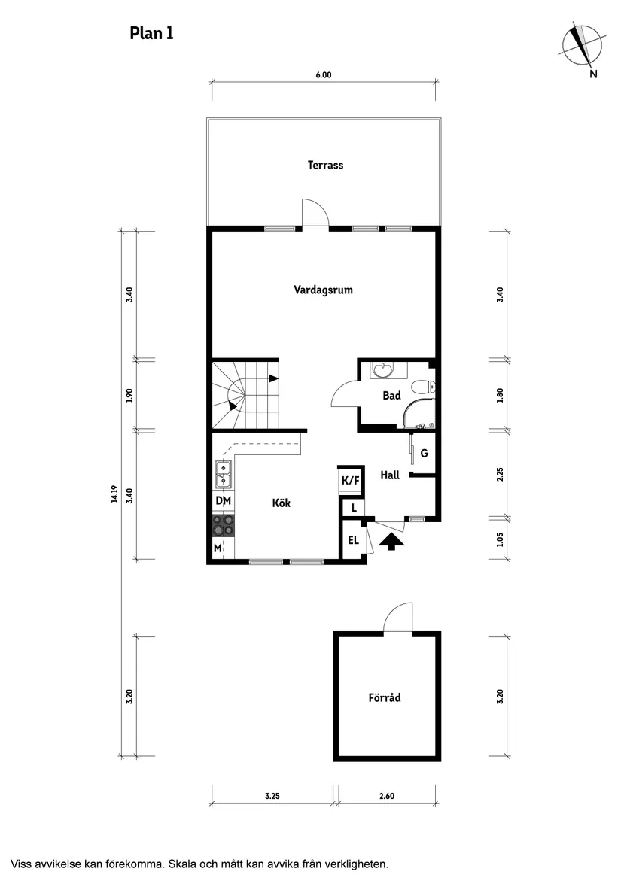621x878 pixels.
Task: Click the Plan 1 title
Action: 151,33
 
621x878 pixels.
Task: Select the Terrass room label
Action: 325,165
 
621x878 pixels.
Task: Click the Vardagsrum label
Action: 323,290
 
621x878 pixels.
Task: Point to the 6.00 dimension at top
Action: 323,75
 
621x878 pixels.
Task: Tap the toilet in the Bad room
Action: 425,387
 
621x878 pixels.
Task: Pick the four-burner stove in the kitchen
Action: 224,524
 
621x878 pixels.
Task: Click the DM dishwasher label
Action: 223,501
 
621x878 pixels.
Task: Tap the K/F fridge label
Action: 350,480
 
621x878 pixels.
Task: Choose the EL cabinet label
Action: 352,540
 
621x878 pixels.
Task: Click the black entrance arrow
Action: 390,542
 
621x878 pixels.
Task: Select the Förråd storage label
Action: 385,697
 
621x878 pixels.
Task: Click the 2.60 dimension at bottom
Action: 387,795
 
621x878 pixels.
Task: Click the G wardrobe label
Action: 425,453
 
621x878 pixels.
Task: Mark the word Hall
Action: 390,475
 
